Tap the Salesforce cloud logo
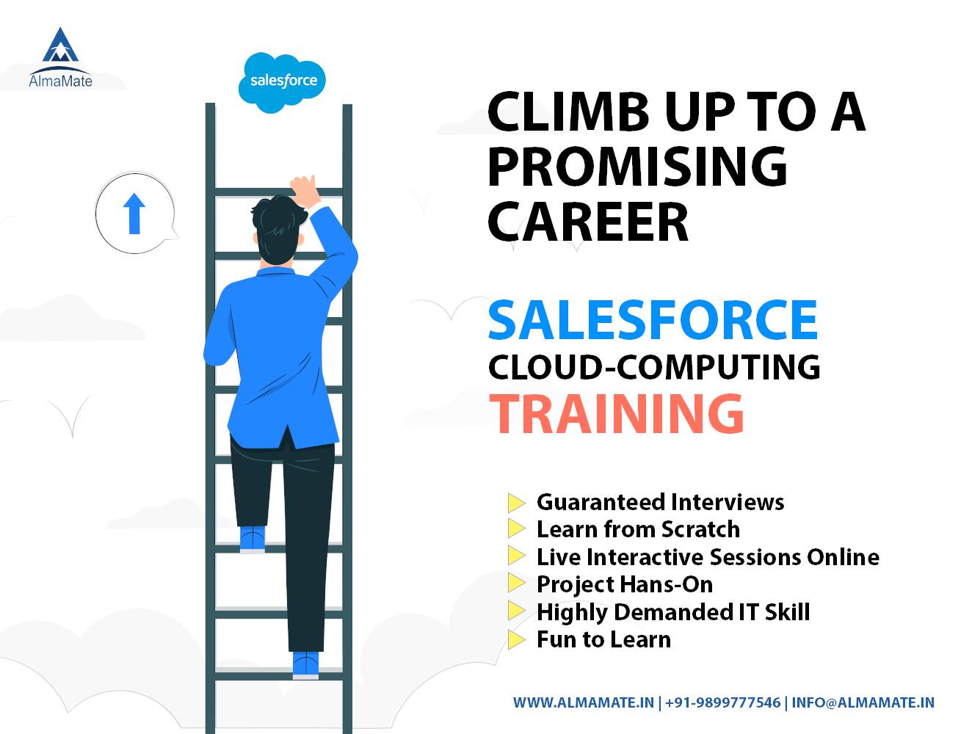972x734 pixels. (x=283, y=81)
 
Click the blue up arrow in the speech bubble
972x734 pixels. (x=134, y=213)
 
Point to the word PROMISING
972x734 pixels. (x=636, y=166)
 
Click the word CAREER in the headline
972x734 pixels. (x=588, y=219)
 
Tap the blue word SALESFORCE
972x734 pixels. (x=653, y=319)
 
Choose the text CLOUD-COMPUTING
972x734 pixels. (x=653, y=366)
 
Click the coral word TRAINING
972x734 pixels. (x=617, y=413)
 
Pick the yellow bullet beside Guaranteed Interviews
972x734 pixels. (x=517, y=503)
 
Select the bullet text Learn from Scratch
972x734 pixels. (x=638, y=529)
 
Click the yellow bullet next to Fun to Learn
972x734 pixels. (x=517, y=639)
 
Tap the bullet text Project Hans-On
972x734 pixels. (x=624, y=584)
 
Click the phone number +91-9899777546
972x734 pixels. (x=722, y=702)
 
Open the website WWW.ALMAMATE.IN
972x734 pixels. (x=583, y=702)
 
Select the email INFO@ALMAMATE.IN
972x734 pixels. (x=863, y=702)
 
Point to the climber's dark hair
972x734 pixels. (x=278, y=224)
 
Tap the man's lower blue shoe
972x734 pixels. (x=305, y=664)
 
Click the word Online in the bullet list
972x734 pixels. (x=843, y=557)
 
